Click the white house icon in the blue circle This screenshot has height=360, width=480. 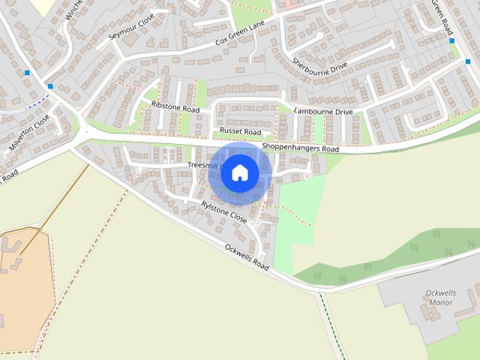click(x=240, y=173)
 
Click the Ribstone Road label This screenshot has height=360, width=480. click(x=175, y=107)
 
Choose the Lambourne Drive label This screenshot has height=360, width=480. click(x=323, y=112)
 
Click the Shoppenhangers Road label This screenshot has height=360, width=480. click(x=300, y=148)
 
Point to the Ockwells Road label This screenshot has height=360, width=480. click(x=246, y=255)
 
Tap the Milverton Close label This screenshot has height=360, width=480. click(x=29, y=133)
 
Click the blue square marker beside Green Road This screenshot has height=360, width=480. click(x=451, y=40)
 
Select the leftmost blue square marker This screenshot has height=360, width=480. click(x=27, y=73)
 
